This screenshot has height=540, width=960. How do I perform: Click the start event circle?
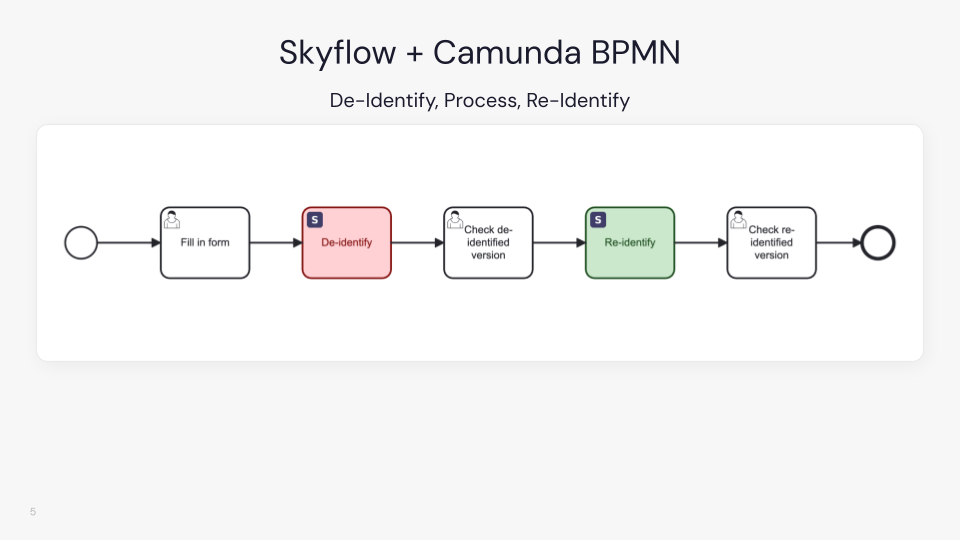(81, 243)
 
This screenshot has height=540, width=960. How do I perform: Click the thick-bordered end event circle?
(878, 243)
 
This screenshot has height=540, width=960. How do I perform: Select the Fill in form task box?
(205, 243)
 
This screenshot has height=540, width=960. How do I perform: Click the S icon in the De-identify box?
(315, 219)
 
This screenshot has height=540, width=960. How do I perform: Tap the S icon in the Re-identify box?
(598, 219)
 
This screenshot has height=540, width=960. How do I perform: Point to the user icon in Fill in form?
(172, 219)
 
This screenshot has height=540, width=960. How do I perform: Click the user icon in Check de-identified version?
(455, 219)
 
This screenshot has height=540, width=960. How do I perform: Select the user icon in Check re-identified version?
(738, 219)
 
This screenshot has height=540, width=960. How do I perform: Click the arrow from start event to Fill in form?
(129, 243)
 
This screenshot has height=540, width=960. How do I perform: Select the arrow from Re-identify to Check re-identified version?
(701, 243)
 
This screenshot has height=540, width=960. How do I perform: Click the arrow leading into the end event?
(838, 243)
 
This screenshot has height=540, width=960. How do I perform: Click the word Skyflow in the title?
(337, 53)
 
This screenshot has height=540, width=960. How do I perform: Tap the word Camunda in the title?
(509, 53)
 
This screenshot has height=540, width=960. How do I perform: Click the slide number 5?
(33, 512)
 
